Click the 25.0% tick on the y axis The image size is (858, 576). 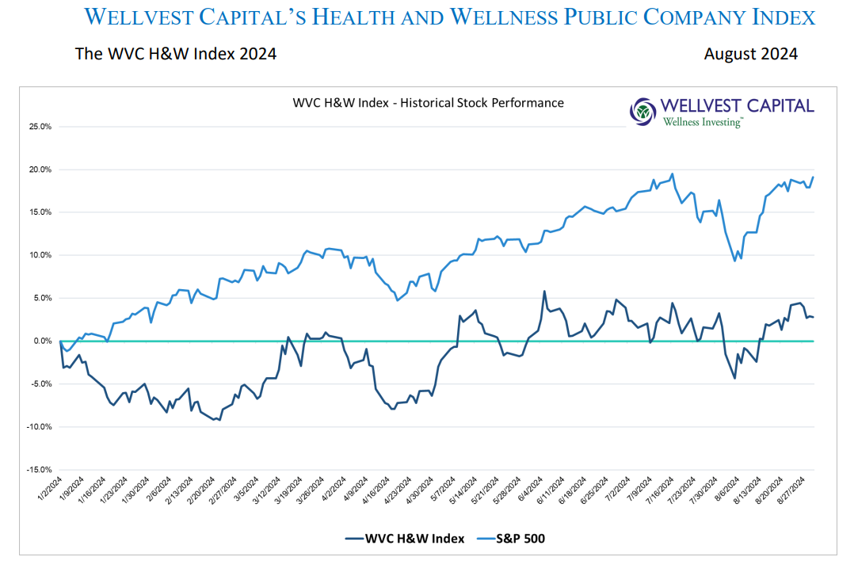40,127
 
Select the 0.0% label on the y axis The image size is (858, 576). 43,341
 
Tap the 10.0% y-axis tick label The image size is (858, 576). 40,255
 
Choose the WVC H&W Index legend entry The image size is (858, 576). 404,539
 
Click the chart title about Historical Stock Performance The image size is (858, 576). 428,103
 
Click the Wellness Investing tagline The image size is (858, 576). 703,122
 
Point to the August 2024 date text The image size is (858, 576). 750,54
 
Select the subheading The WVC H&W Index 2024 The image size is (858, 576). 176,54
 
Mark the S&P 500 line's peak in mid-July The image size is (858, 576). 673,174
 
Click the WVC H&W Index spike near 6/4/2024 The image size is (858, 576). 544,292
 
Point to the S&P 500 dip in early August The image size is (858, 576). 735,260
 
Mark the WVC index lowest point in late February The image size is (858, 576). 219,420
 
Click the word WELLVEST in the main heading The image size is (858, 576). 151,17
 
